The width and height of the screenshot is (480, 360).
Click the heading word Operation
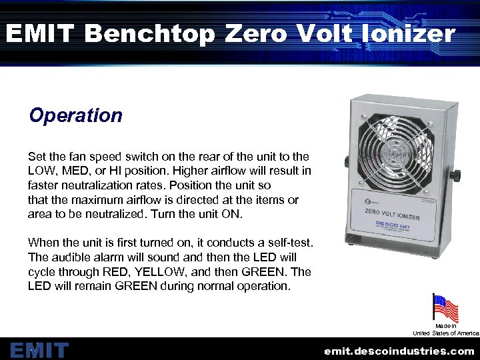tap(76, 115)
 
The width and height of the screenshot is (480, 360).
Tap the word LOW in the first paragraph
tap(41, 171)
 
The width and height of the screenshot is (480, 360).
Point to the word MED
tap(78, 171)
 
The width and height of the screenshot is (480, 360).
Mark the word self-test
tap(288, 243)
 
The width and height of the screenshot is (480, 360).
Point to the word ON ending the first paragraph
tap(235, 215)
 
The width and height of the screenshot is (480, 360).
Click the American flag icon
tap(445, 309)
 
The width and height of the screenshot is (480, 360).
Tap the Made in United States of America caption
tap(445, 329)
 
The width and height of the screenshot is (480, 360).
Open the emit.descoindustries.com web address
tap(399, 351)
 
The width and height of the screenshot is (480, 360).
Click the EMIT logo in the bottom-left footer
tap(39, 350)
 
